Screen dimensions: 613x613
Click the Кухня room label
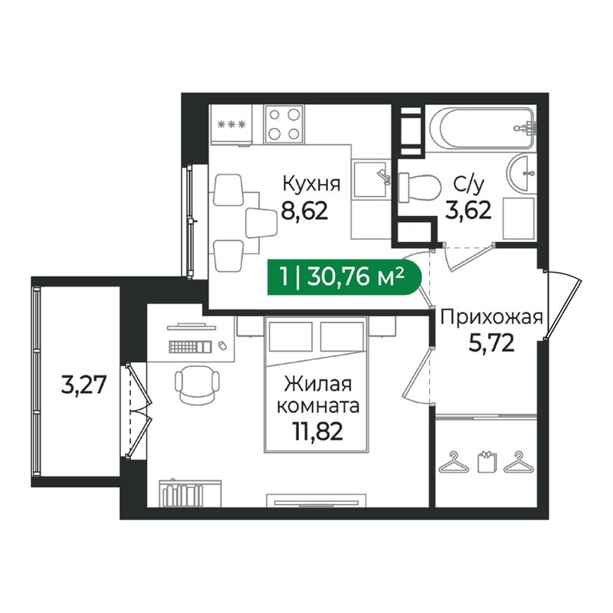[311, 185]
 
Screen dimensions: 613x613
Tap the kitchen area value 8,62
[304, 210]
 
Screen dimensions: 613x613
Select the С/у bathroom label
[467, 185]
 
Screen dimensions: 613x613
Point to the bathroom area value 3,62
[467, 210]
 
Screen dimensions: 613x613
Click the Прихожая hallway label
[490, 317]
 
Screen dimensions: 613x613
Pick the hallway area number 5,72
[490, 342]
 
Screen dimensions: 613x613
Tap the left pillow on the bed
[289, 337]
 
